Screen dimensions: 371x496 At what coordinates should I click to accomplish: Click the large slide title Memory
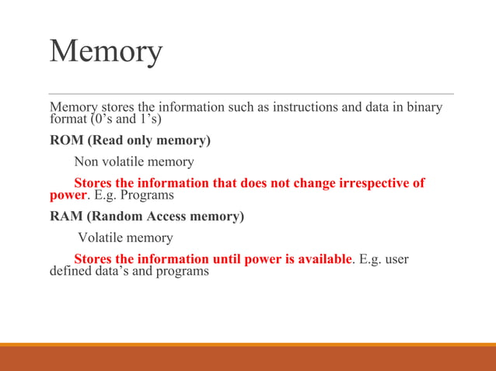coord(106,51)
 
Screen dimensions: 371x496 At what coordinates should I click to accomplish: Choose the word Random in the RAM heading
coord(121,217)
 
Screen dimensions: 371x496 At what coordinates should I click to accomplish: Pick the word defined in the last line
coord(70,272)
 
